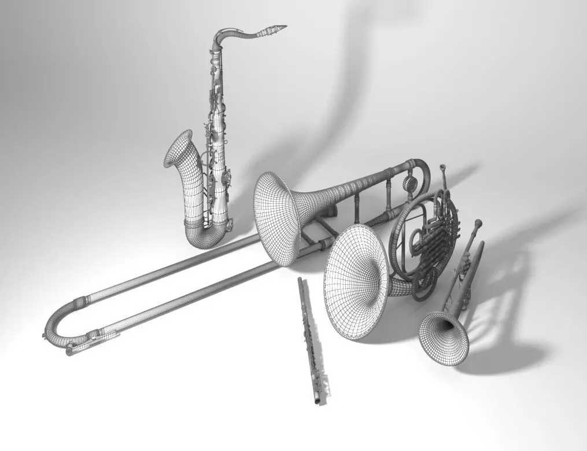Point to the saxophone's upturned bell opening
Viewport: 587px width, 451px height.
(178, 148)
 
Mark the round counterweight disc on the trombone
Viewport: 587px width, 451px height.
(410, 184)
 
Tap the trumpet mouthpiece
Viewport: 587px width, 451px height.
(478, 223)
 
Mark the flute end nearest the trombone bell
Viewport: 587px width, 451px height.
(300, 281)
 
